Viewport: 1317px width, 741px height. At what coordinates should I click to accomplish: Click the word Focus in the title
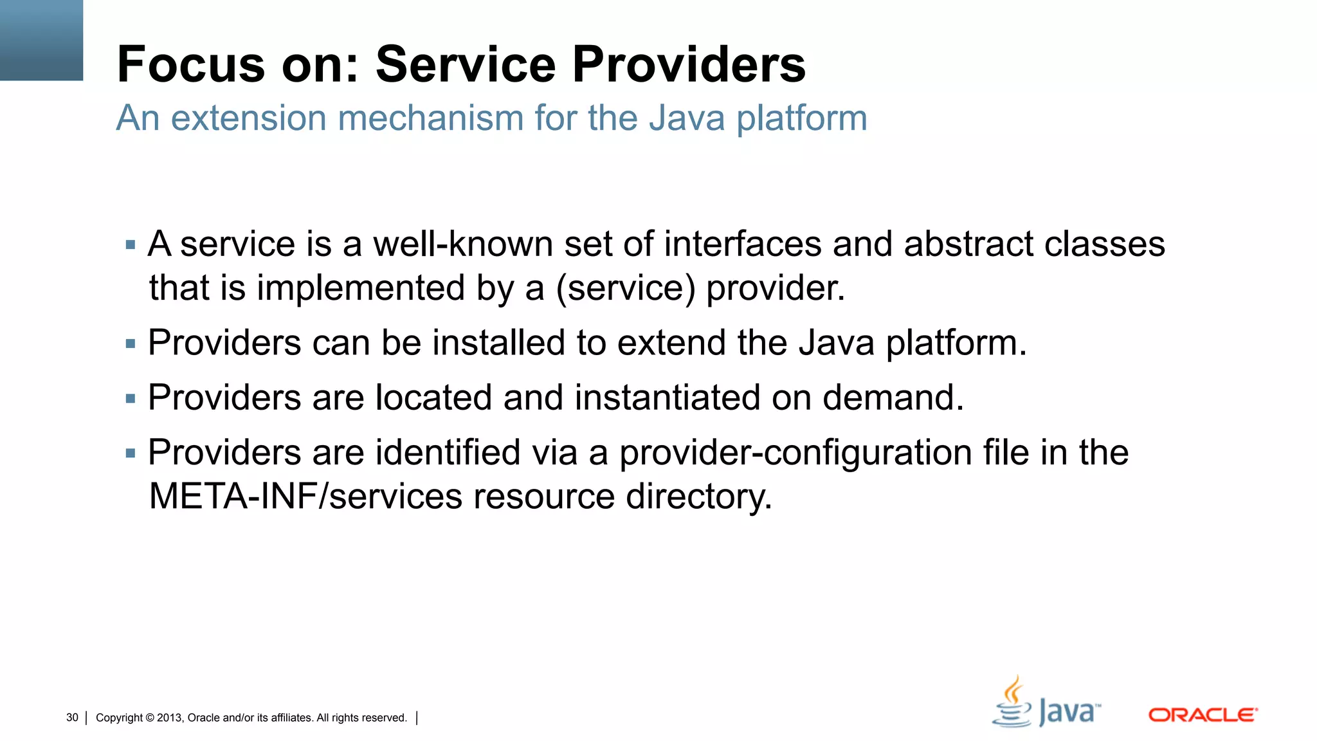point(191,64)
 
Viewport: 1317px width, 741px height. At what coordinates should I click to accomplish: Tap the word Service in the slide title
point(465,64)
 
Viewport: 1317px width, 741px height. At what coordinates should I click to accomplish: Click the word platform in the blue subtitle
point(801,118)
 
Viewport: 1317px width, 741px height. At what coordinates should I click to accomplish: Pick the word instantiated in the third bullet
point(667,398)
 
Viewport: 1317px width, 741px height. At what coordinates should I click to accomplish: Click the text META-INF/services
point(305,497)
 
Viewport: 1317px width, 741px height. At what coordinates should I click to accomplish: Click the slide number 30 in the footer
point(72,718)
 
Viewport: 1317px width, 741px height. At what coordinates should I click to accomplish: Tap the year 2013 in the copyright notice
point(169,718)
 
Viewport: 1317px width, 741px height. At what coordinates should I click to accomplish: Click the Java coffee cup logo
point(1012,702)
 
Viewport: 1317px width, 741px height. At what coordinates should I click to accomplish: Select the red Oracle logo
point(1203,715)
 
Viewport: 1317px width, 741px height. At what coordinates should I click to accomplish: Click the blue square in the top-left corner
point(41,40)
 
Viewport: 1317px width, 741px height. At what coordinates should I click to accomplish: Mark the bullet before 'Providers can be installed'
point(131,344)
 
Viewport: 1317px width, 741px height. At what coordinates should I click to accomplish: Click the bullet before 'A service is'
point(131,245)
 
